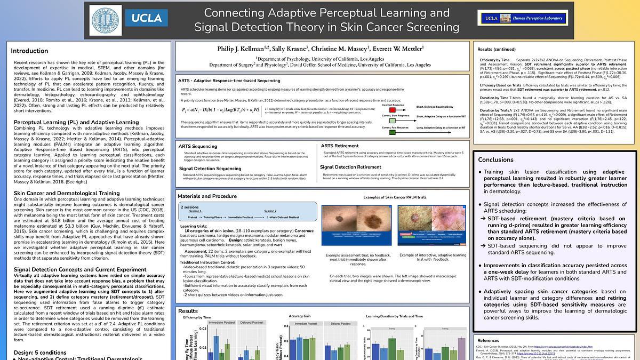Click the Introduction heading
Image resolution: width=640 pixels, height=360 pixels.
point(29,51)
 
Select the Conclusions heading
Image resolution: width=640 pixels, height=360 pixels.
point(496,159)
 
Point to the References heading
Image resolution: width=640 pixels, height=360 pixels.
point(489,340)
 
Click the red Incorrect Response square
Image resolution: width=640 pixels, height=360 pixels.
point(393,109)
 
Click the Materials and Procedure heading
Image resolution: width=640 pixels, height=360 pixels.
point(207,196)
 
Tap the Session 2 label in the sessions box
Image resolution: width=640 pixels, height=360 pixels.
point(270,211)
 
